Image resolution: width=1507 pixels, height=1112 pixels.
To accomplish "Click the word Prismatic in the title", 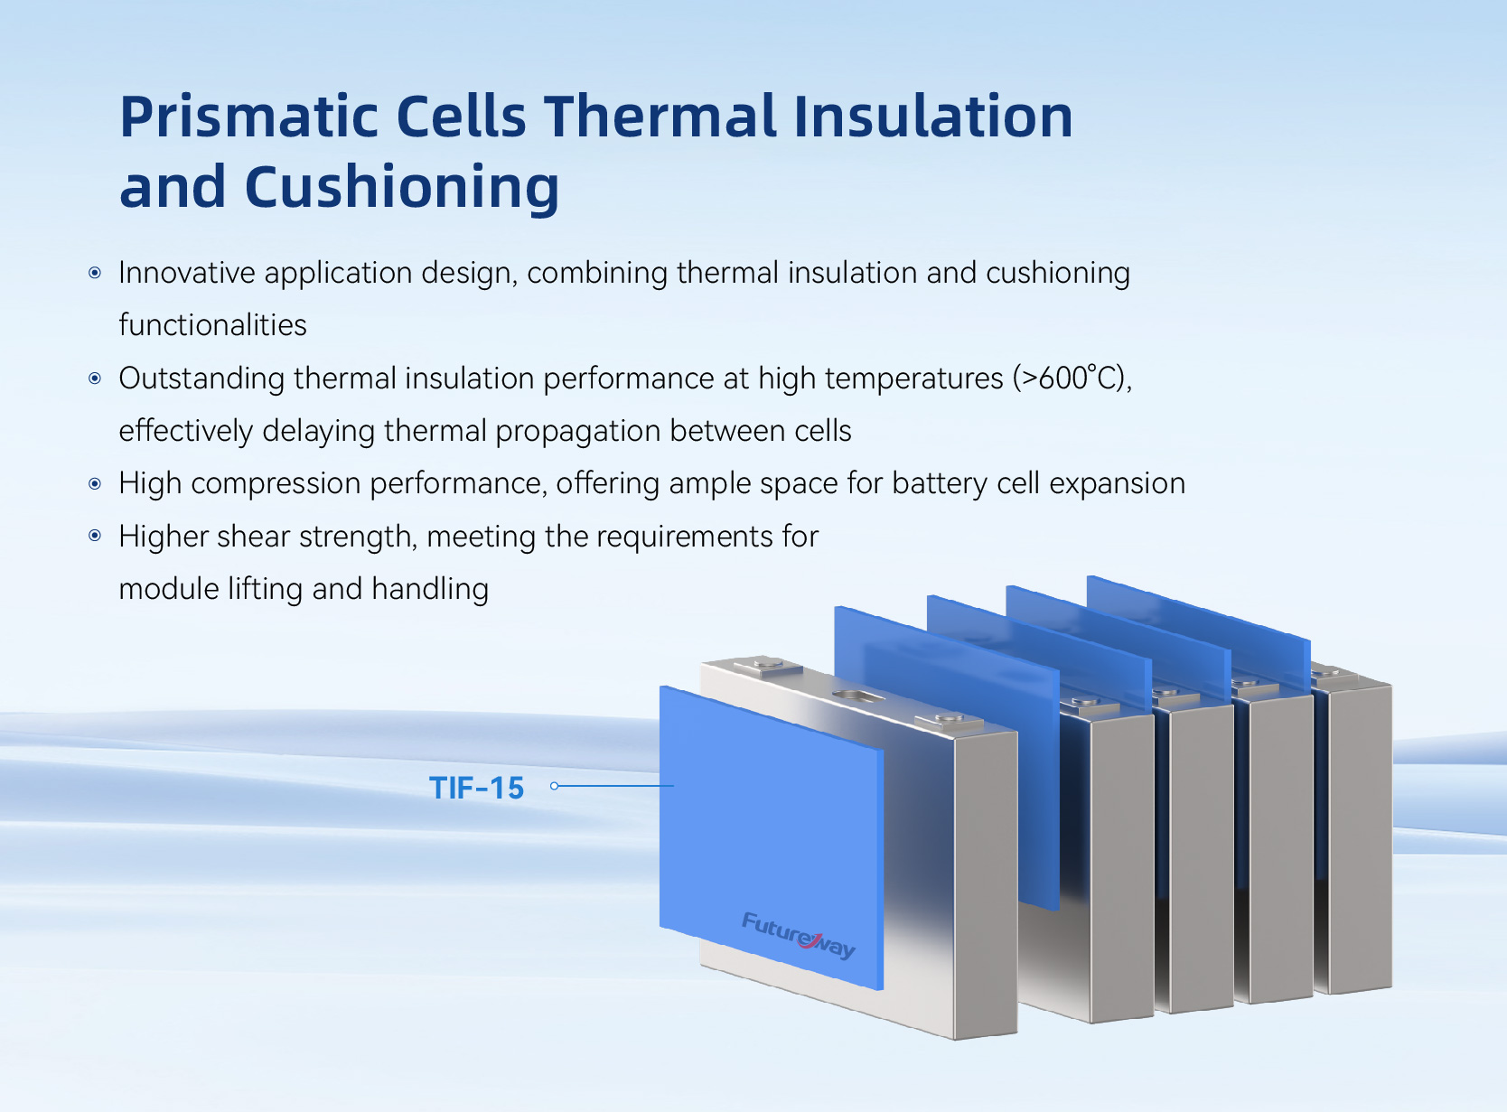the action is pyautogui.click(x=248, y=117).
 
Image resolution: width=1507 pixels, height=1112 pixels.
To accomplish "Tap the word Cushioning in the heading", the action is pyautogui.click(x=401, y=188).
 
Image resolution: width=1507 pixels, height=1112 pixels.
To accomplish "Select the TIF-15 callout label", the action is pyautogui.click(x=477, y=788).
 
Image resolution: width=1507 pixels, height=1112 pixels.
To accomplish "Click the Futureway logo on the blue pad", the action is pyautogui.click(x=799, y=936).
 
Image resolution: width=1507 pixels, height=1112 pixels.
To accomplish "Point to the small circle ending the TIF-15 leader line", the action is pyautogui.click(x=555, y=786).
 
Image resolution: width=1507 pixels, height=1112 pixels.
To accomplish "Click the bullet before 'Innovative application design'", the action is pyautogui.click(x=95, y=273).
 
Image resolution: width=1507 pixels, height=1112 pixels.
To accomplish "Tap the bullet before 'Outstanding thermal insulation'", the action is pyautogui.click(x=95, y=378).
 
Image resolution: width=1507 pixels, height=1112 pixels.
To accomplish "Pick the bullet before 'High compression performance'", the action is pyautogui.click(x=95, y=483).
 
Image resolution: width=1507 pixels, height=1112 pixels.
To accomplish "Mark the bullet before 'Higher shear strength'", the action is pyautogui.click(x=95, y=536).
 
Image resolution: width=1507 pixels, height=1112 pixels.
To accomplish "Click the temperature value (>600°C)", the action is pyautogui.click(x=1072, y=378).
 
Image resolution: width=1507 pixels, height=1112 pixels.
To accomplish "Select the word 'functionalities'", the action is pyautogui.click(x=212, y=324).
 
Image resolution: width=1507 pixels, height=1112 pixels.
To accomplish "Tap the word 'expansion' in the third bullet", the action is pyautogui.click(x=1117, y=483).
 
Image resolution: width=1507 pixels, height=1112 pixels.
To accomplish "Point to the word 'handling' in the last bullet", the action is pyautogui.click(x=430, y=589).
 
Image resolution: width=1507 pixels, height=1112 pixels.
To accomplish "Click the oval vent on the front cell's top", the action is pyautogui.click(x=858, y=696).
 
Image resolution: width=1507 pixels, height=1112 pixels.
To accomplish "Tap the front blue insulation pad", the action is pyautogui.click(x=772, y=836).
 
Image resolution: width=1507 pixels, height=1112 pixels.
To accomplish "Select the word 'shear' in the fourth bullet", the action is pyautogui.click(x=253, y=537).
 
